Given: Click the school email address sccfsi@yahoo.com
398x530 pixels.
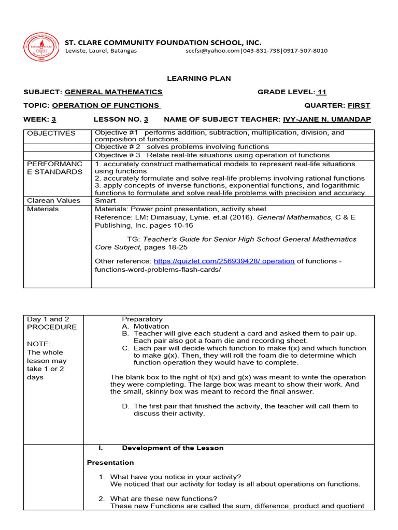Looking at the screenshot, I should pos(212,51).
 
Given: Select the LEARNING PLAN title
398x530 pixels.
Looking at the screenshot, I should pos(198,78).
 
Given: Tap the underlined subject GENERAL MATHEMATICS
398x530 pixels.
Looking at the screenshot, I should pos(113,92).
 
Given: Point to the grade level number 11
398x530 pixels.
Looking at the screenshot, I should pos(322,92).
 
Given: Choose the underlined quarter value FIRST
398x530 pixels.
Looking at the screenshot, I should pos(359,106).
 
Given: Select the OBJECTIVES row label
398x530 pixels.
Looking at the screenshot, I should pos(51,134).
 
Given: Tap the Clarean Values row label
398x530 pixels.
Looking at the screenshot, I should pos(53,200).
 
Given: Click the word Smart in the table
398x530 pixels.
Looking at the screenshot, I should pos(105,200).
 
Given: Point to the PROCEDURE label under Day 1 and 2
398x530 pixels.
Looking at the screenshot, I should pos(51,327).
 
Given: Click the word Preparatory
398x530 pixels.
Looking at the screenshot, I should pos(142,319).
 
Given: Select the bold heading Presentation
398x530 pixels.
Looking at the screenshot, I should pos(110,463).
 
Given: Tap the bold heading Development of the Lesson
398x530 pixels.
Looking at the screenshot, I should pos(172,448).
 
